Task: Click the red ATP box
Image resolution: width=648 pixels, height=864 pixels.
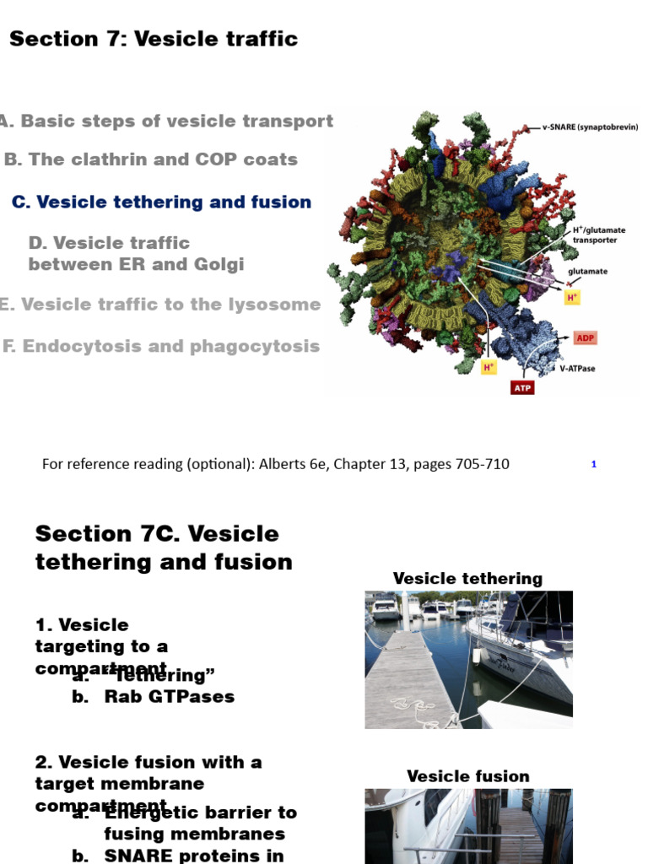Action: [x=523, y=388]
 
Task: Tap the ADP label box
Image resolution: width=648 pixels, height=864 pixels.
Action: [x=585, y=338]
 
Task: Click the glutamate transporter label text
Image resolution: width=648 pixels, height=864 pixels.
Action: [x=595, y=235]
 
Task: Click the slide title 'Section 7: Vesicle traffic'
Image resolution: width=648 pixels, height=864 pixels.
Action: [x=154, y=39]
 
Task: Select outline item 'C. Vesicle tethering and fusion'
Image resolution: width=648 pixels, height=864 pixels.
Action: [x=161, y=202]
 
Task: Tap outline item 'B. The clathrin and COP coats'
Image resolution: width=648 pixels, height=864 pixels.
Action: [x=151, y=159]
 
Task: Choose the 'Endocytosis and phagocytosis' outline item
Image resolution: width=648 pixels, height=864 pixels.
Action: [x=161, y=346]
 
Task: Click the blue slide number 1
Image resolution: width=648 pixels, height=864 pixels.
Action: [x=594, y=464]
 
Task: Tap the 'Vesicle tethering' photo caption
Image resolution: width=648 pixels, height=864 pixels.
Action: [x=467, y=579]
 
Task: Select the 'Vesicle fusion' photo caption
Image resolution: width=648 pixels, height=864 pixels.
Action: [x=467, y=776]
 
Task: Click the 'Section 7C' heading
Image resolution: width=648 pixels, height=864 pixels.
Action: [x=157, y=534]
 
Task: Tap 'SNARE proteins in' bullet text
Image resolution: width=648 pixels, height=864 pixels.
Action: [x=193, y=855]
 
